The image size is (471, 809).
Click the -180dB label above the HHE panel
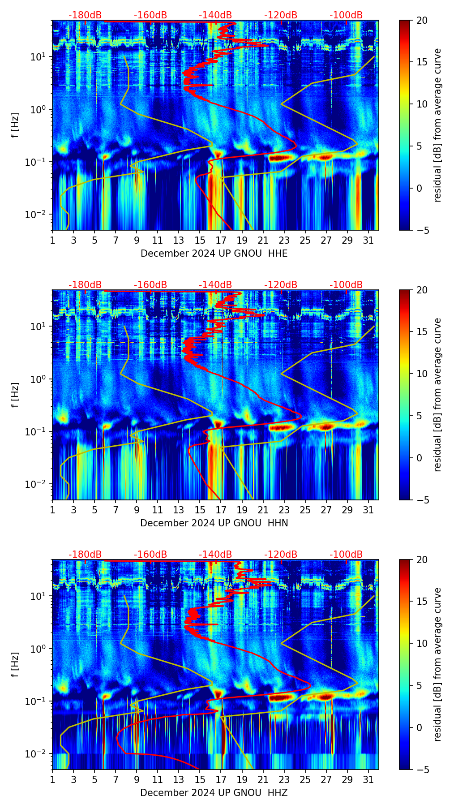click(x=85, y=15)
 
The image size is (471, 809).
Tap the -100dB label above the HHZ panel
click(x=346, y=555)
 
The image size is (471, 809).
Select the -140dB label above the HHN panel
click(x=215, y=285)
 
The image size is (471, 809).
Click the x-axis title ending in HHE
click(x=214, y=254)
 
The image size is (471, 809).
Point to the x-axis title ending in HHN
click(x=214, y=523)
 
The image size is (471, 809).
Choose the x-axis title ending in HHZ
click(x=214, y=793)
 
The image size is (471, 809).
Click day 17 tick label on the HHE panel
click(x=221, y=240)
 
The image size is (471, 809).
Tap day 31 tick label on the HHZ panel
click(x=368, y=779)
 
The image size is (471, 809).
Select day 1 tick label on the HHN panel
click(x=53, y=510)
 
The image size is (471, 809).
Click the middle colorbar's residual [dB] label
click(x=437, y=395)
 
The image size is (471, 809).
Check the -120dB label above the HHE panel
click(x=281, y=15)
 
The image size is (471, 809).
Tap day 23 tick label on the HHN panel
click(x=284, y=510)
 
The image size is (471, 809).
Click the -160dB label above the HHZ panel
click(x=150, y=555)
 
